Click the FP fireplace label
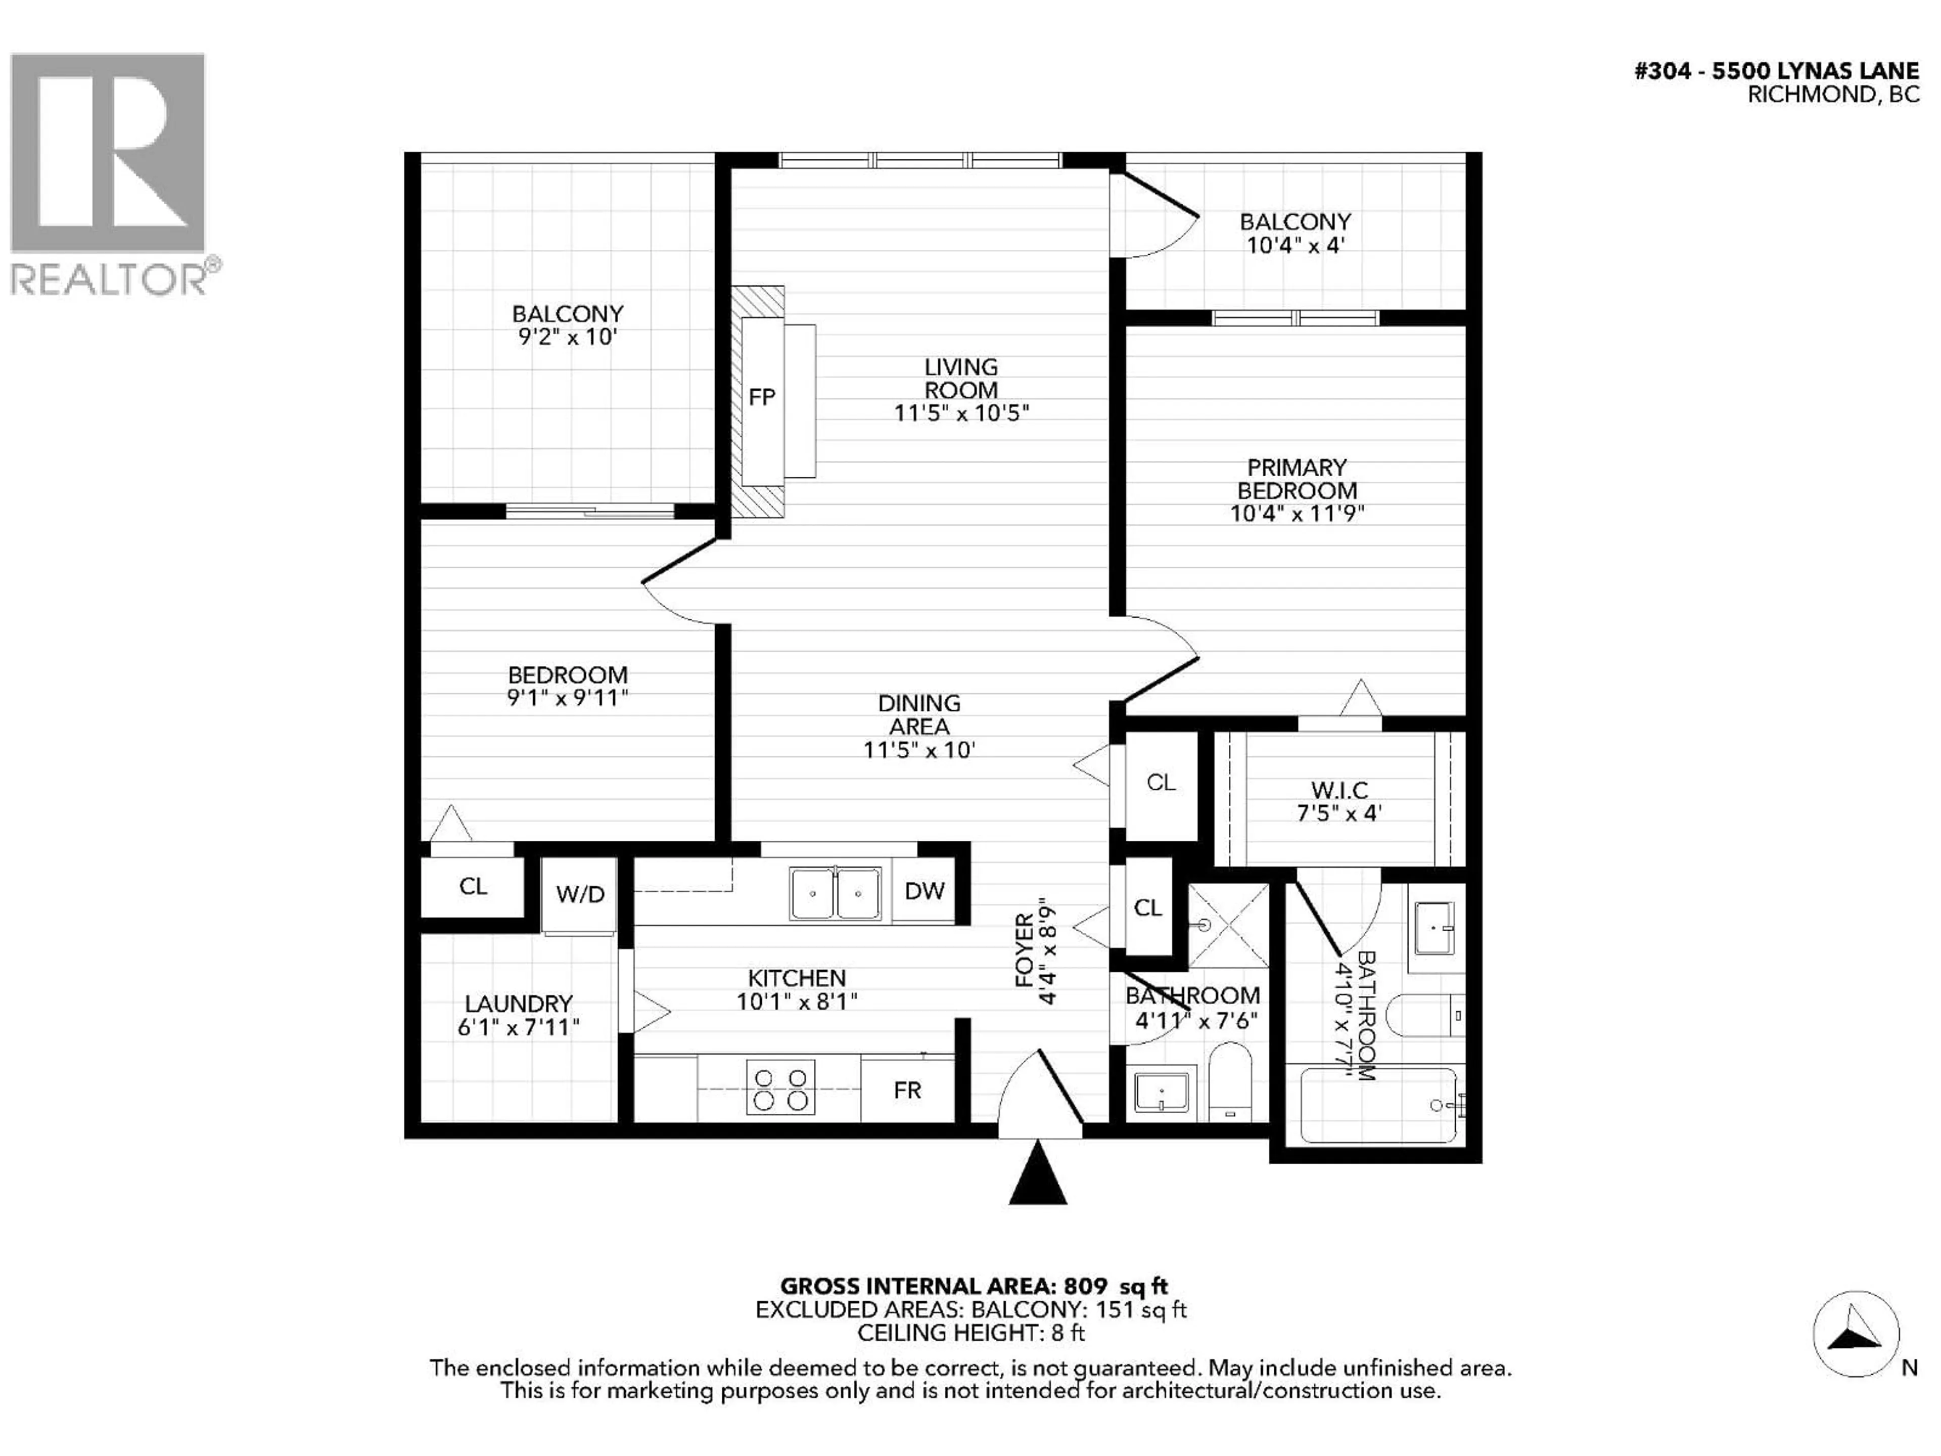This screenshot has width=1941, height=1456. (762, 397)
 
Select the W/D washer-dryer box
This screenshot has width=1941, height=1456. (580, 894)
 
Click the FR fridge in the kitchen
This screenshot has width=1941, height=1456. (907, 1090)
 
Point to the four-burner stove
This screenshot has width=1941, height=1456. (780, 1088)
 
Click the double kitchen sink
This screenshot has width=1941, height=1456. (836, 893)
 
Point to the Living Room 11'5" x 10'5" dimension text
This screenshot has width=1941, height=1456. (961, 413)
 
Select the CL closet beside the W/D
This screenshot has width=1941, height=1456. (473, 886)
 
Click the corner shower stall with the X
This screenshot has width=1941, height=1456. (1228, 926)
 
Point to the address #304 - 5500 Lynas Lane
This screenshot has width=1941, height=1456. (1776, 71)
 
